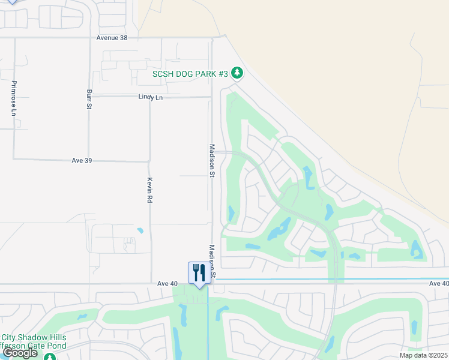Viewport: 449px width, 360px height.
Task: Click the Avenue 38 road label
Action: click(112, 38)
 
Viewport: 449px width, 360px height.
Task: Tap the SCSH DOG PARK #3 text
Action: click(190, 73)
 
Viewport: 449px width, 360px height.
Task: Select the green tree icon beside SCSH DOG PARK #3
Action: click(238, 73)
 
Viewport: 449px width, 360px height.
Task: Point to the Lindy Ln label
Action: click(150, 97)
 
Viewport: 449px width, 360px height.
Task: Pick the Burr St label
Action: click(89, 100)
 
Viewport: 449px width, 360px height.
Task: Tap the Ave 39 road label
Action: click(82, 161)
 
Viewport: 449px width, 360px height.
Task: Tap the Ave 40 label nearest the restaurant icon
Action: click(169, 283)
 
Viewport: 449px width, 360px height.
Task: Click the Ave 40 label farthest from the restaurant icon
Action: click(439, 283)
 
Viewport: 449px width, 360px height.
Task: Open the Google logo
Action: click(20, 353)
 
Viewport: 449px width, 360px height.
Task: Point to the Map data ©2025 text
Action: click(424, 355)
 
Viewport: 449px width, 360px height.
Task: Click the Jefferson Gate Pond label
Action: click(31, 346)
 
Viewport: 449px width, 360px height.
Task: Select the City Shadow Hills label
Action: click(34, 337)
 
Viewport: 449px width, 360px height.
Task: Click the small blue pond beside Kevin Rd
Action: click(140, 230)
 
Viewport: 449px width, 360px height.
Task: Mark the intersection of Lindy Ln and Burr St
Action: click(89, 96)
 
